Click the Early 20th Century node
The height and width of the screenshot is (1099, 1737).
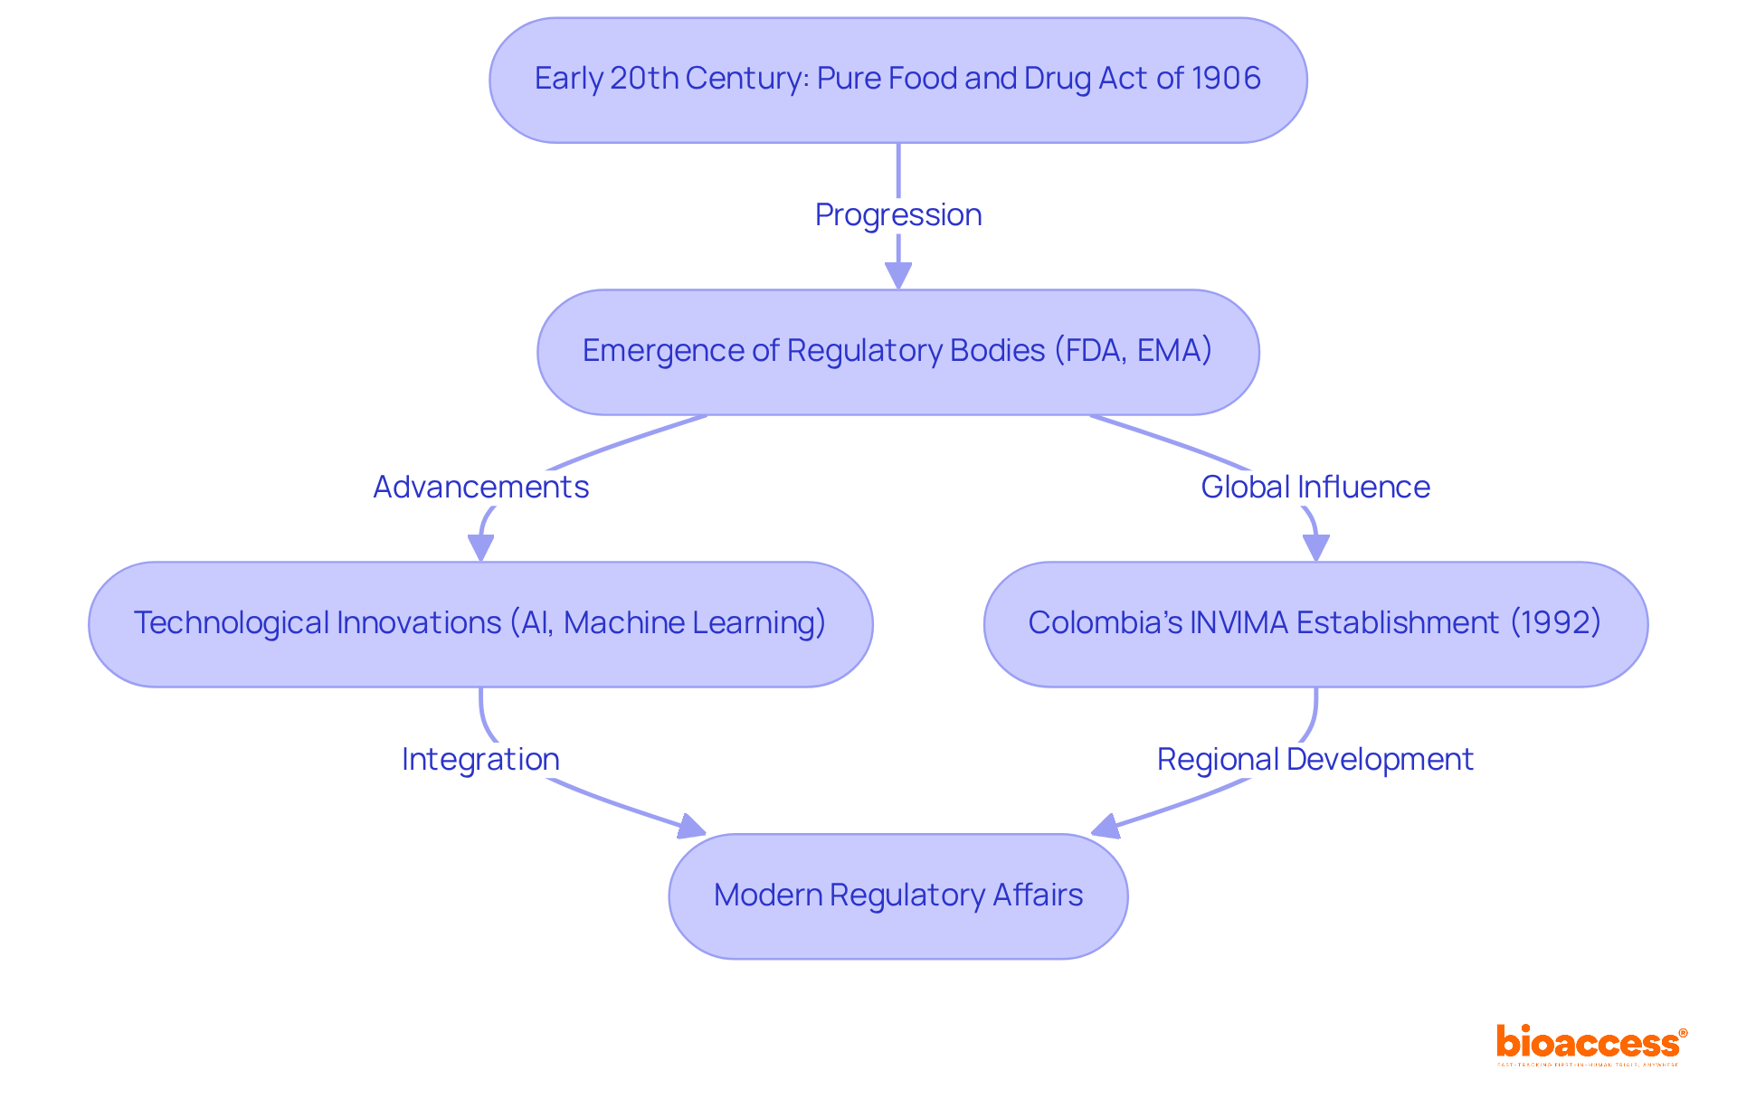point(897,80)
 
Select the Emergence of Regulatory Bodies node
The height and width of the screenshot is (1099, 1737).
point(897,352)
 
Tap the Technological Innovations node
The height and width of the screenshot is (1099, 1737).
point(480,624)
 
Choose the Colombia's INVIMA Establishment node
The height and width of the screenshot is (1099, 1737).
point(1315,624)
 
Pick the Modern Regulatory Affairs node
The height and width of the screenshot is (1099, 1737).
point(897,895)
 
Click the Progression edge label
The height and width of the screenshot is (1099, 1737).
point(897,215)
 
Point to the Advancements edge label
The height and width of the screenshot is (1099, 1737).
point(480,488)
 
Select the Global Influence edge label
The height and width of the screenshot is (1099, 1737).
point(1315,488)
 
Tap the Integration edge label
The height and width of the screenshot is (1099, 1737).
point(480,760)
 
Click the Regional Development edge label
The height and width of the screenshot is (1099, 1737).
point(1315,760)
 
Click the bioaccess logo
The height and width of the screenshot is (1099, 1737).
point(1590,1044)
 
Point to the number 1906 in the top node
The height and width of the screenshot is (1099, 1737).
point(1226,79)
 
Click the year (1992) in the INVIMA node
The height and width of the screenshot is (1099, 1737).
point(1556,623)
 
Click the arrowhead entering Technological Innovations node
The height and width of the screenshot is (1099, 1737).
point(480,548)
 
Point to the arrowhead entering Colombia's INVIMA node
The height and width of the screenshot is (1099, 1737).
point(1315,548)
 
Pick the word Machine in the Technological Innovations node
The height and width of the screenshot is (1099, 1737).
point(624,623)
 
